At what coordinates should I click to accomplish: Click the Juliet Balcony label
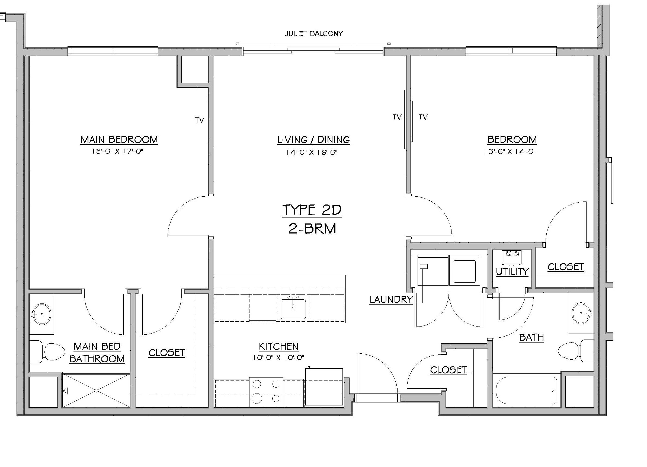tap(313, 34)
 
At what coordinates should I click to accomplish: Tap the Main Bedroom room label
tap(119, 140)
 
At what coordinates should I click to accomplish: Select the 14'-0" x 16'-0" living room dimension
tap(312, 152)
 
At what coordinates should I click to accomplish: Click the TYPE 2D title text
tap(312, 210)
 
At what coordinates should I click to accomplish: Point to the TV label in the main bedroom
tap(200, 120)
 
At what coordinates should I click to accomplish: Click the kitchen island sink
tap(293, 309)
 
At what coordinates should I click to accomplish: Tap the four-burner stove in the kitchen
tap(266, 392)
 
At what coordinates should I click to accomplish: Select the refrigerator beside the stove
tap(324, 387)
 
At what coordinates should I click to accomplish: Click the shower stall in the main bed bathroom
tap(96, 390)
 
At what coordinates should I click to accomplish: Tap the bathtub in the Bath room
tap(526, 391)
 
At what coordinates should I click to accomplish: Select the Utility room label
tap(512, 272)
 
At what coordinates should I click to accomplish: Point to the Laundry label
tap(391, 300)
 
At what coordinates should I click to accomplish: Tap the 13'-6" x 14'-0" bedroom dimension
tap(510, 152)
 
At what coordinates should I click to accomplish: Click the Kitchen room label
tap(278, 346)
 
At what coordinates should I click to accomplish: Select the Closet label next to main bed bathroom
tap(167, 353)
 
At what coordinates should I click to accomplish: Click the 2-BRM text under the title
tap(312, 229)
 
